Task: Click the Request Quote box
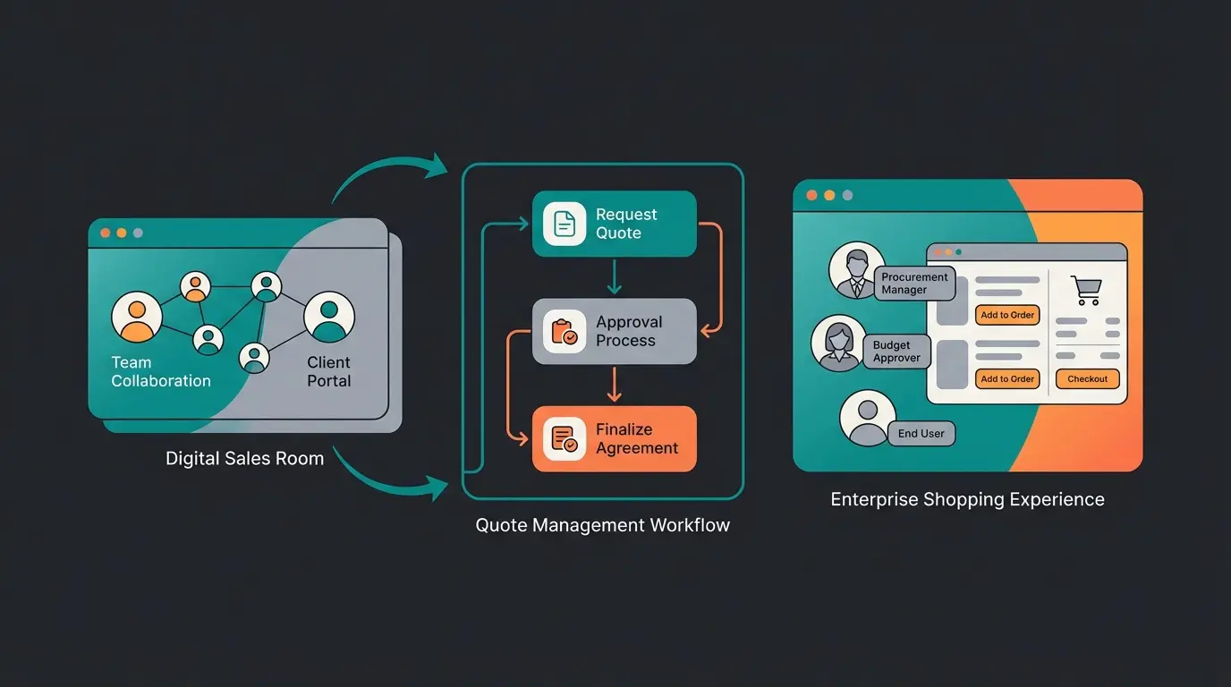614,224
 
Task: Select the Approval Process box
614,331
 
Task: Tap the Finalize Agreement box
614,439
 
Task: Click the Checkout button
1087,379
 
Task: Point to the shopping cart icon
1087,291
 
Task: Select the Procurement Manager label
914,284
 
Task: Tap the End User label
921,434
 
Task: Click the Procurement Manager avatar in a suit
856,270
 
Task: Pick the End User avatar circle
867,418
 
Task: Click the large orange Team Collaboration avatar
137,317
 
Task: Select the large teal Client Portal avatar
329,317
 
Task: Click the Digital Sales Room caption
244,459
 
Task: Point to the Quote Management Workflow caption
602,525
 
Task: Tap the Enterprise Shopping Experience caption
967,499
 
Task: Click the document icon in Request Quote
565,224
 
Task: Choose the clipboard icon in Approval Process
565,332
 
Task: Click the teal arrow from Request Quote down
614,276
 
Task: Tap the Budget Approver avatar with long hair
838,343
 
